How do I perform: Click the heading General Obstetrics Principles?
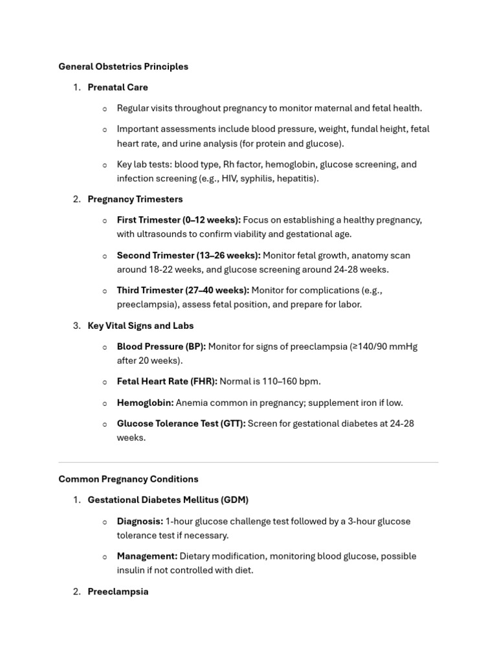[x=123, y=67]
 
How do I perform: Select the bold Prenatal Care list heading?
[x=118, y=87]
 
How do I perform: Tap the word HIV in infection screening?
[x=230, y=179]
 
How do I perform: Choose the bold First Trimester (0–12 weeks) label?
[x=179, y=220]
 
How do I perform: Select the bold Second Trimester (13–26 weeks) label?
[x=188, y=256]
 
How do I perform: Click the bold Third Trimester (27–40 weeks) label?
[x=182, y=291]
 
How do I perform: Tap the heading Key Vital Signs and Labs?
[x=140, y=326]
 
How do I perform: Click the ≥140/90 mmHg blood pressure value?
[x=383, y=347]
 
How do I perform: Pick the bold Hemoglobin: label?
[x=145, y=403]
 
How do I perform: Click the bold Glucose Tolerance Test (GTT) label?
[x=181, y=424]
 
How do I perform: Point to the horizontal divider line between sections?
[x=248, y=462]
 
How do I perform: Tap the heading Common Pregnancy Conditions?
[x=128, y=480]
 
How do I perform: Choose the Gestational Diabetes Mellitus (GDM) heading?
[x=168, y=500]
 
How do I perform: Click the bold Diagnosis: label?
[x=140, y=522]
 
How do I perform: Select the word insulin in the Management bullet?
[x=132, y=570]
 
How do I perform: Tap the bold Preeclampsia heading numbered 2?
[x=118, y=592]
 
